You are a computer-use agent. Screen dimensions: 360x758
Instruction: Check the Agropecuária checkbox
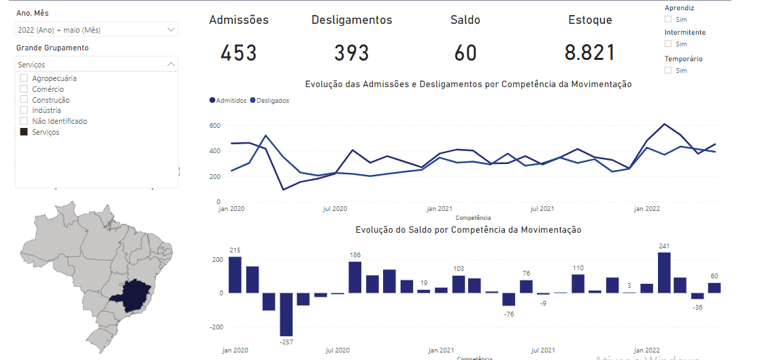point(24,78)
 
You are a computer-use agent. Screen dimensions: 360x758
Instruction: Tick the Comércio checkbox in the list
point(24,89)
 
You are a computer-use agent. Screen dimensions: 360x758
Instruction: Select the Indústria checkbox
point(24,110)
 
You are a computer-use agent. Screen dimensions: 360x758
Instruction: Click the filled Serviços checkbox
point(24,132)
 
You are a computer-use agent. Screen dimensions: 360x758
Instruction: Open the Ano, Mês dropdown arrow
point(171,29)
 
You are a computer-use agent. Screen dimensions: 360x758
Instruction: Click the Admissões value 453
point(239,52)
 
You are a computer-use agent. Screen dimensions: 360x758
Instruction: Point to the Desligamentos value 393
point(351,52)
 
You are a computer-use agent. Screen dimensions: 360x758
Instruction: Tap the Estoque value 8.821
point(590,52)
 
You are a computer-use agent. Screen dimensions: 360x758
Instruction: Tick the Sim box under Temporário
point(668,70)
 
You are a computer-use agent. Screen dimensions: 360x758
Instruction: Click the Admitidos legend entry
point(229,101)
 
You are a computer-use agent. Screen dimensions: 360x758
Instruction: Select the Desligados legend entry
point(270,101)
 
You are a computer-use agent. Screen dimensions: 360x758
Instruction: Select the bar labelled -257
point(286,314)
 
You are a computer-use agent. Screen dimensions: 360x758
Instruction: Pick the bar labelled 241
point(664,272)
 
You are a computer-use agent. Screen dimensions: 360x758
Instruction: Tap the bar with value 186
point(355,277)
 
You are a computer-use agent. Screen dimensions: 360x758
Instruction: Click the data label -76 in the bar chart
point(508,314)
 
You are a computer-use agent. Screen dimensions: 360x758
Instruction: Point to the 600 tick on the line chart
point(215,126)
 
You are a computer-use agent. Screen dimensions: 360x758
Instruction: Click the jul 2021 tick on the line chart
point(542,209)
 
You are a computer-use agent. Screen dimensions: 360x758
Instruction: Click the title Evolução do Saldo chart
point(469,230)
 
